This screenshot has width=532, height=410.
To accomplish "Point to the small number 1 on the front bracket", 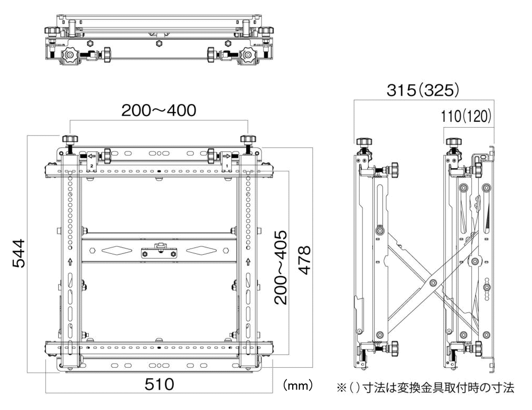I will point(227,165).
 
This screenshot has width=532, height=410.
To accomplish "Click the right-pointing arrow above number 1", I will point(226,156).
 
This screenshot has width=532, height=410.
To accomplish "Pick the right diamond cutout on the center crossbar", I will point(202,250).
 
